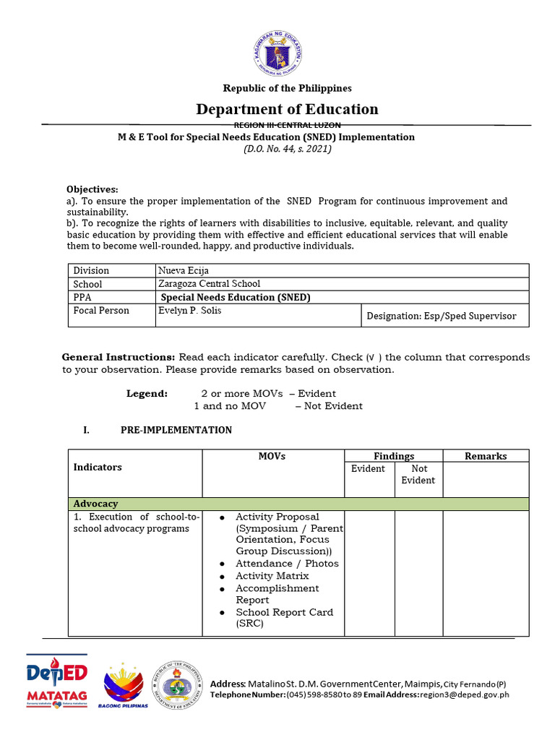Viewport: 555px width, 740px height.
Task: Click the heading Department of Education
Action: click(287, 109)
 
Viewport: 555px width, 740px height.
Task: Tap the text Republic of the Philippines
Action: click(287, 88)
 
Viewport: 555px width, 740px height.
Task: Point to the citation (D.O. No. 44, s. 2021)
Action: click(287, 149)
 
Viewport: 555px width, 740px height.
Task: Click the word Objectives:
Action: click(92, 189)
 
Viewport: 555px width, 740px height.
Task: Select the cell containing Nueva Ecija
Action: click(184, 270)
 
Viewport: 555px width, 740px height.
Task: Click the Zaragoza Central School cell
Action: click(210, 284)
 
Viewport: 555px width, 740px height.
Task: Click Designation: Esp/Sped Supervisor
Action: click(441, 316)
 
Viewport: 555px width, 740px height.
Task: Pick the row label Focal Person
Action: click(101, 310)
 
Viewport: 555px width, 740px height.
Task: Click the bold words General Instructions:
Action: click(119, 357)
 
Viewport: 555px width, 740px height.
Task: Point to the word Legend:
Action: click(147, 394)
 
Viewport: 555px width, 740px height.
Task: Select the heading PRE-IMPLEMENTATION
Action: click(176, 430)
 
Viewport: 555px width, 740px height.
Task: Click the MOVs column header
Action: click(272, 456)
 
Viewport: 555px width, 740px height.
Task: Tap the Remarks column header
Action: click(486, 456)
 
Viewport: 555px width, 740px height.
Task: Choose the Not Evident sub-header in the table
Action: click(418, 474)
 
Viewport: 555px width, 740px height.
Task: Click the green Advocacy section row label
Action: click(95, 504)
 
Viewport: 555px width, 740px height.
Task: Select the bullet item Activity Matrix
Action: click(272, 576)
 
